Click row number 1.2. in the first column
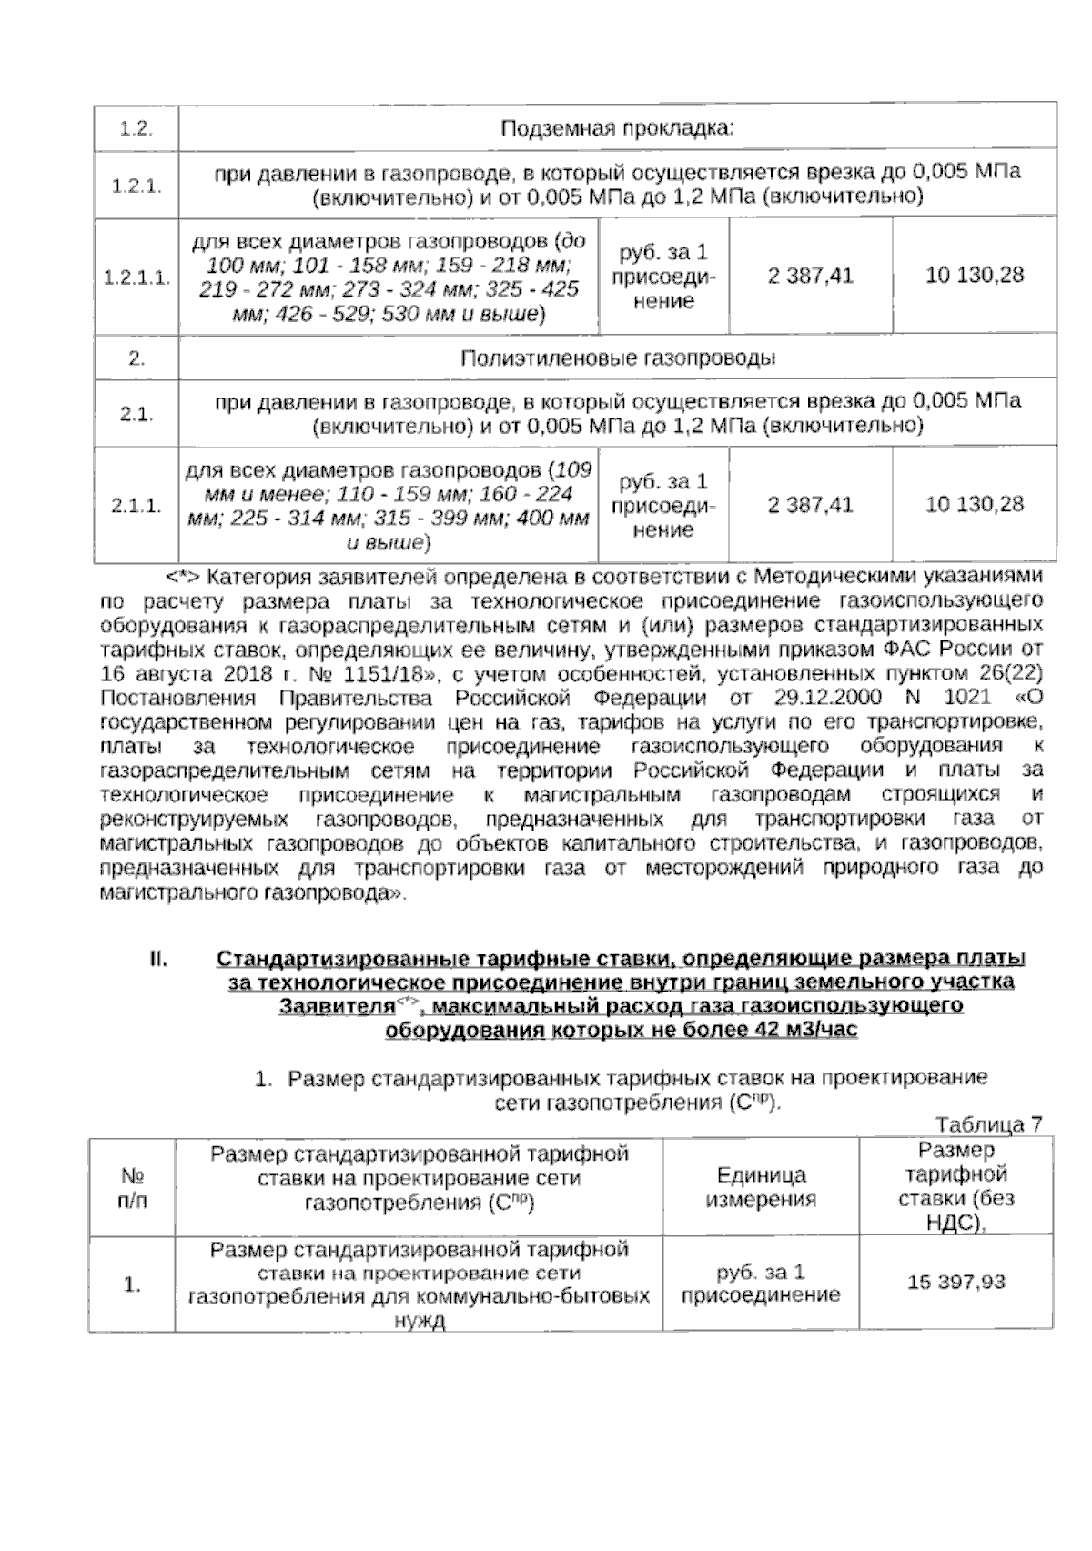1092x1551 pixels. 136,128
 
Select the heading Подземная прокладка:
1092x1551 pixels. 617,128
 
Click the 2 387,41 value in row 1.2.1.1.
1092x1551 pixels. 810,276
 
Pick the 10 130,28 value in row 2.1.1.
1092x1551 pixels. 975,504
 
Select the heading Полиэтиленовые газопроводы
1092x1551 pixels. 617,358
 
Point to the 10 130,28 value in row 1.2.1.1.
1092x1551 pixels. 975,276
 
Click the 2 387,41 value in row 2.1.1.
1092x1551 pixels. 810,504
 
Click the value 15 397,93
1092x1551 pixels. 955,1283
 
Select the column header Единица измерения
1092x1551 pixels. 761,1187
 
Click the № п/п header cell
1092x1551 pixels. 131,1188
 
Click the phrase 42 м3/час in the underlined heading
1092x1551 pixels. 807,1032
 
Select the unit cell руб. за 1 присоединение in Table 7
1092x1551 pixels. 761,1283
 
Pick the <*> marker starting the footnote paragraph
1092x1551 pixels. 182,577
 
